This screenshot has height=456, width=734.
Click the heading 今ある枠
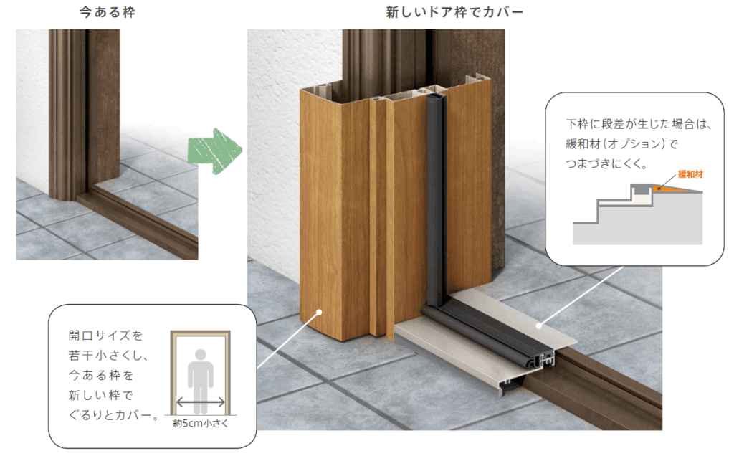coord(108,11)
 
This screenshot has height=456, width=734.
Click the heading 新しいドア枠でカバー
coord(454,11)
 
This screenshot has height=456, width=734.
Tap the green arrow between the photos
coord(215,151)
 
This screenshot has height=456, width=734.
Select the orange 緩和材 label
coord(690,174)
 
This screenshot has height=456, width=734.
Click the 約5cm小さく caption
coord(201,423)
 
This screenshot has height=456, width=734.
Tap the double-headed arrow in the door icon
coord(201,402)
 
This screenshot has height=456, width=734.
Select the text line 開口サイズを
coord(105,336)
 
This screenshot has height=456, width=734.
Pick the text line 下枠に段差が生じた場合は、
coord(639,124)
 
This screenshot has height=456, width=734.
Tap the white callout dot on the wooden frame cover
coord(319,312)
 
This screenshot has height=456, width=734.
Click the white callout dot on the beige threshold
coord(539,326)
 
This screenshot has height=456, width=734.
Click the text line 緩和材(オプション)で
coord(621,143)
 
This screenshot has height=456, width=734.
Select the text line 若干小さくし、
coord(109,356)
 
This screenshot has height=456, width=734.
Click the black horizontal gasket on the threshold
coord(487,333)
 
